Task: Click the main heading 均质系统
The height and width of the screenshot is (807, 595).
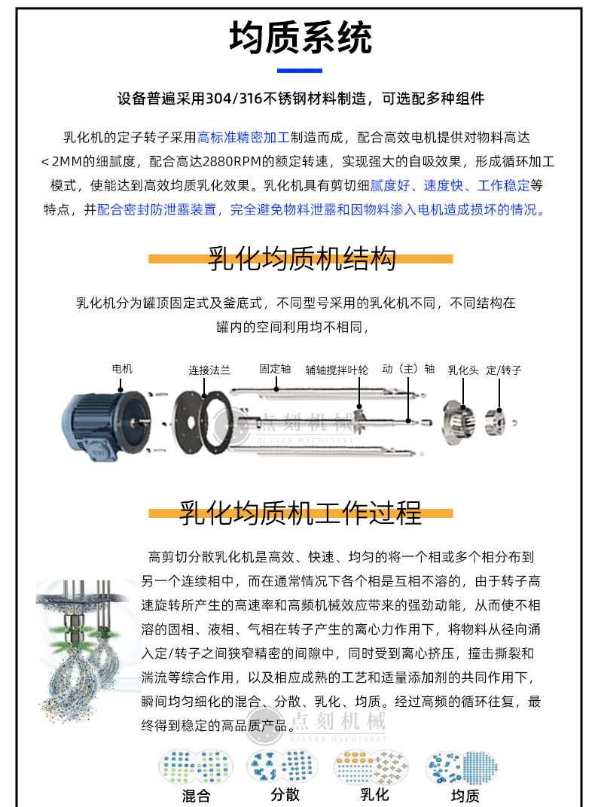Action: pos(300,38)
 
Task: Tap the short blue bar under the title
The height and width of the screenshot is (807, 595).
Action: pos(300,71)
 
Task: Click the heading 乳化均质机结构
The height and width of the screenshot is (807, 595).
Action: pos(301,258)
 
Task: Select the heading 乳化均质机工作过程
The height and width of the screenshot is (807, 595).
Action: pos(301,513)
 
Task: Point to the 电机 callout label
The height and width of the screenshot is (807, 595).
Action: pos(122,369)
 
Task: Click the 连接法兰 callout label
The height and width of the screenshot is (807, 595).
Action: pos(209,370)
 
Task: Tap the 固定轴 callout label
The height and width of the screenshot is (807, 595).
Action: pos(275,369)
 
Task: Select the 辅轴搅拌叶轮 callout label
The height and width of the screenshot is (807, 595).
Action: pos(337,370)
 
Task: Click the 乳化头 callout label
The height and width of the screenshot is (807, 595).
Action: pos(462,370)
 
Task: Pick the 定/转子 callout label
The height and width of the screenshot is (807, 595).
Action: pos(503,370)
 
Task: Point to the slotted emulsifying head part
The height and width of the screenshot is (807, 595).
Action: pos(459,422)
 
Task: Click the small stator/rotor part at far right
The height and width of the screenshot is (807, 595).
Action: pos(496,422)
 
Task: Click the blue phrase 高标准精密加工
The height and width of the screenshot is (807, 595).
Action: pos(243,138)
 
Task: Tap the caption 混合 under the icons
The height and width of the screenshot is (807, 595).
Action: pos(196,796)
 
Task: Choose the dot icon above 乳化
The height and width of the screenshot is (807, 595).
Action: pos(371,766)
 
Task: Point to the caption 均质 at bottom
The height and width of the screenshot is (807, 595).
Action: pos(465,796)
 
